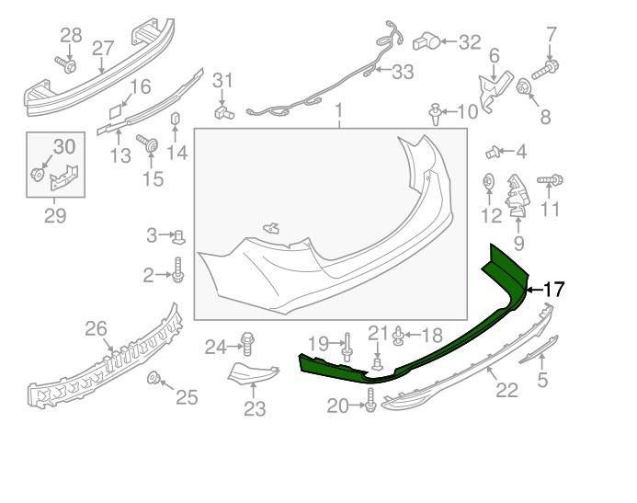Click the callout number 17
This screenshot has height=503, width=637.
pos(553,290)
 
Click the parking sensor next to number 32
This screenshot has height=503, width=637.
pos(424,40)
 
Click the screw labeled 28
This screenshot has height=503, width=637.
pos(66,63)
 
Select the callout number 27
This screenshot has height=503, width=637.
pos(102,47)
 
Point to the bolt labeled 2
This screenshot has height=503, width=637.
pos(178,272)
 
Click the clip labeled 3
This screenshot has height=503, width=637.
pos(180,236)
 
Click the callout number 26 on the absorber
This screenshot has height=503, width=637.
pos(97,328)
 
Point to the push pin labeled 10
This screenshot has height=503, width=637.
pos(435,113)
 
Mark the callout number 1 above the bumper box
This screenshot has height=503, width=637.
pos(338,113)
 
